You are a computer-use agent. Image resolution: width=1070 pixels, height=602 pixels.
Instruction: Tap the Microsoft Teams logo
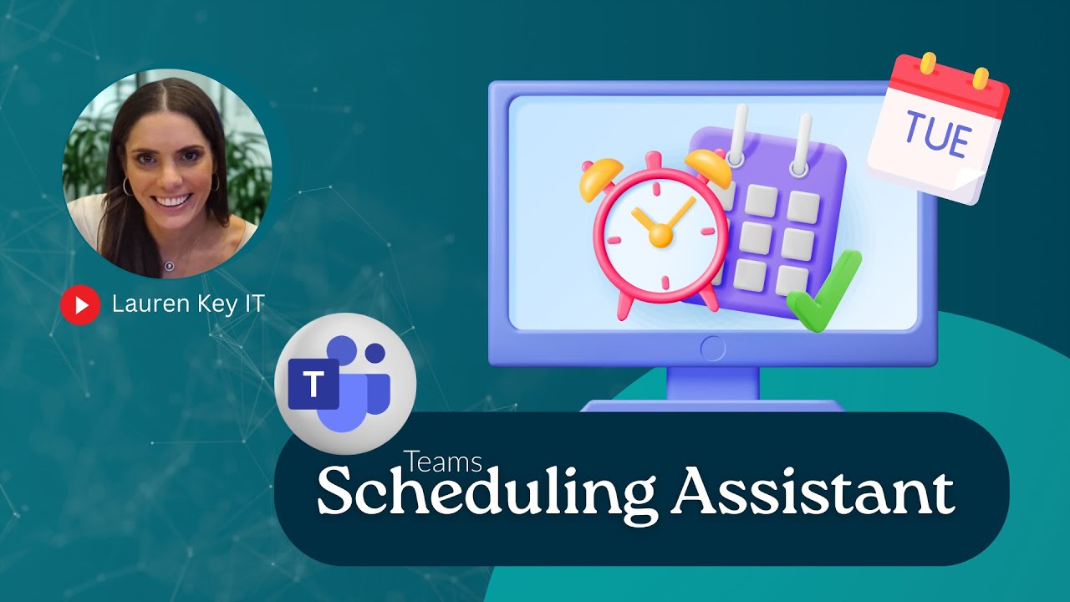344,384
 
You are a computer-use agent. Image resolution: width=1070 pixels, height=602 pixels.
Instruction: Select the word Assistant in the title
814,492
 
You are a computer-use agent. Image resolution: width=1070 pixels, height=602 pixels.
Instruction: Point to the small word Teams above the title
442,462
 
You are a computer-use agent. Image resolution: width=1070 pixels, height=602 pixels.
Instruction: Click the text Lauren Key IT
188,304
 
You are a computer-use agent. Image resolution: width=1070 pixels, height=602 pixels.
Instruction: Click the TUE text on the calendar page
936,138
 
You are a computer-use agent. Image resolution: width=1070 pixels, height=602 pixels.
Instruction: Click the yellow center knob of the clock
660,236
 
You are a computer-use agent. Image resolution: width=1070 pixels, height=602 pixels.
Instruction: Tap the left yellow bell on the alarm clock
599,177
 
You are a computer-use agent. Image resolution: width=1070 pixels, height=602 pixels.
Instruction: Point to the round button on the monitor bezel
713,349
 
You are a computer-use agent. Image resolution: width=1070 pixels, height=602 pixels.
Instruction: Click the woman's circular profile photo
167,173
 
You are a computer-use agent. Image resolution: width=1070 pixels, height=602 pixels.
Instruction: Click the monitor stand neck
712,384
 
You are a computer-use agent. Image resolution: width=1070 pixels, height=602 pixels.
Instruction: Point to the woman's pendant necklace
168,266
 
